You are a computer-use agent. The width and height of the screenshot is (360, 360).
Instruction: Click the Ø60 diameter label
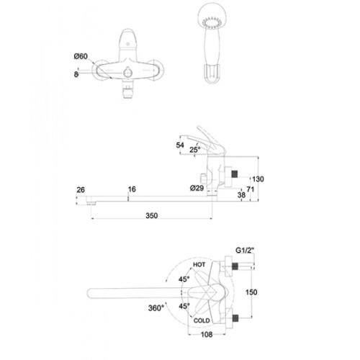pyautogui.click(x=81, y=56)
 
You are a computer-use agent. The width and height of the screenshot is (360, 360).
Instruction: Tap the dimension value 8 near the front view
pyautogui.click(x=76, y=74)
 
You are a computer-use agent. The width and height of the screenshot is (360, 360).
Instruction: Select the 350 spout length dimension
pyautogui.click(x=152, y=215)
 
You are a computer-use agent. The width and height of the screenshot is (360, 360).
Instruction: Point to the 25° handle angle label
pyautogui.click(x=194, y=150)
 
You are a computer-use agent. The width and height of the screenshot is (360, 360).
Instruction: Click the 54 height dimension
pyautogui.click(x=180, y=145)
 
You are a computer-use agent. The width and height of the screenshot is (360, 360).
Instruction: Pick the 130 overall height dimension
pyautogui.click(x=258, y=179)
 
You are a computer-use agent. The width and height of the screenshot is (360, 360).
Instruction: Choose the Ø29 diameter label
pyautogui.click(x=197, y=188)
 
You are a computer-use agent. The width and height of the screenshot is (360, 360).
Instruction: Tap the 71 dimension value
pyautogui.click(x=250, y=189)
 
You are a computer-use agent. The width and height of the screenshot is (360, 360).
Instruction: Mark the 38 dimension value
pyautogui.click(x=241, y=195)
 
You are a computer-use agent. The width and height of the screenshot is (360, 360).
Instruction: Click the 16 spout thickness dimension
pyautogui.click(x=132, y=189)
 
